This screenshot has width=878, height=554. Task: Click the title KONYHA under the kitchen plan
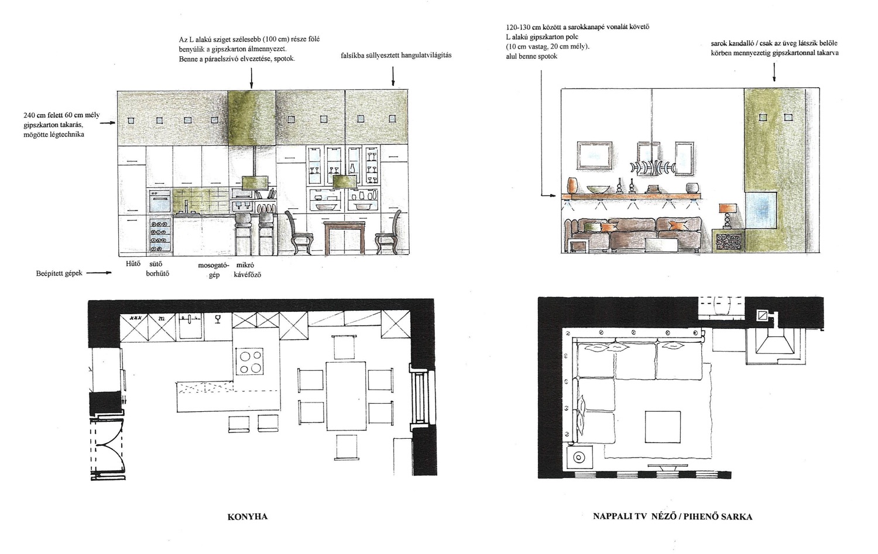click(248, 517)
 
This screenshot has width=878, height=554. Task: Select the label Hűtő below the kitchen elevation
click(133, 264)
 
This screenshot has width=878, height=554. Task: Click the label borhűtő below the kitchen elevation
click(157, 273)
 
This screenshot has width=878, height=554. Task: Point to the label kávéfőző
click(248, 274)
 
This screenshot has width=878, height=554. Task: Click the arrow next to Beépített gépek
click(99, 273)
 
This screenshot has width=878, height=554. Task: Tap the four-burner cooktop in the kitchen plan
click(250, 362)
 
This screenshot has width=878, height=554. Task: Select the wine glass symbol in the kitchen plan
click(218, 319)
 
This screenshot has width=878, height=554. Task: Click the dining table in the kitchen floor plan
click(346, 395)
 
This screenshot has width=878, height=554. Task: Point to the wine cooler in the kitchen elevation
click(160, 235)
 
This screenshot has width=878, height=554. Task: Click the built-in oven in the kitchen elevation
click(160, 201)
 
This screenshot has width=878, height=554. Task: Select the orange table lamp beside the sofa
click(728, 218)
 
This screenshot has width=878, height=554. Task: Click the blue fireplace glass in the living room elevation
click(760, 211)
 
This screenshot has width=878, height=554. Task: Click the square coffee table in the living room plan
click(663, 426)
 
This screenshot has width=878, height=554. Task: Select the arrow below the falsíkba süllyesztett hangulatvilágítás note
click(393, 76)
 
